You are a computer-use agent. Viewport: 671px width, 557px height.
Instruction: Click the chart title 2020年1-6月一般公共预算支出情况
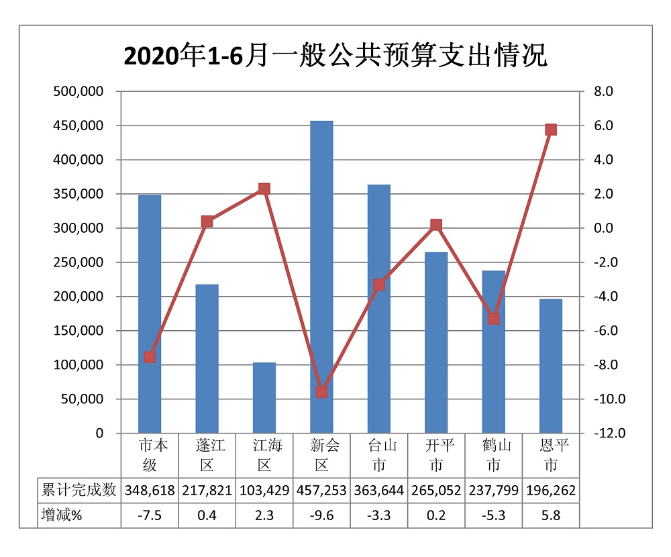(x=335, y=56)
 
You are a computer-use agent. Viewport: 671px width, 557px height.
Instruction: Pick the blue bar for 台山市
(x=379, y=309)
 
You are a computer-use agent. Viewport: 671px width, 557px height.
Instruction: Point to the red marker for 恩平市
(x=551, y=130)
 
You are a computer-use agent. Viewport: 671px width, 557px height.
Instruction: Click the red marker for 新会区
(x=321, y=392)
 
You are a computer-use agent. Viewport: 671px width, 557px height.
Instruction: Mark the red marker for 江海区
(x=264, y=189)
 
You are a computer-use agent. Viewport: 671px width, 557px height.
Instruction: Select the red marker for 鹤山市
(x=494, y=319)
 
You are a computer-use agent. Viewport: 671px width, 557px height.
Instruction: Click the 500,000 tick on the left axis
(x=79, y=92)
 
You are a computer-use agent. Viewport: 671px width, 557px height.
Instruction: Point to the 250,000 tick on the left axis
(x=79, y=262)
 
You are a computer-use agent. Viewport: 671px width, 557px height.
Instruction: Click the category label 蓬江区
(x=207, y=455)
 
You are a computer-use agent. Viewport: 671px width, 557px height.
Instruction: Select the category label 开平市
(x=436, y=455)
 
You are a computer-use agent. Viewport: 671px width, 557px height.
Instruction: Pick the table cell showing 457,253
(x=321, y=491)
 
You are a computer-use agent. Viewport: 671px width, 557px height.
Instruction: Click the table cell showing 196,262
(x=551, y=491)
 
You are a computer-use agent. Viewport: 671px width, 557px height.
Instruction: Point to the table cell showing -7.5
(x=150, y=515)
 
